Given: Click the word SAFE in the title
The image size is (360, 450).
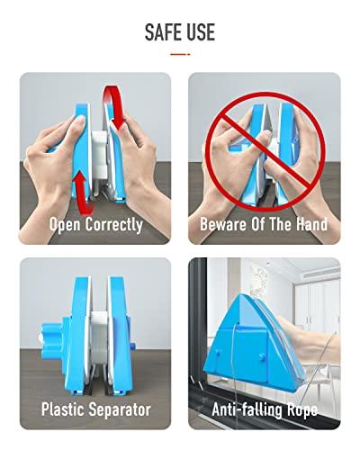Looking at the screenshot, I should pos(162,31).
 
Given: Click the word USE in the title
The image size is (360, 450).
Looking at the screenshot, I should pos(200,31).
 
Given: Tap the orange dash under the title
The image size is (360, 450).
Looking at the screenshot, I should pos(180,54).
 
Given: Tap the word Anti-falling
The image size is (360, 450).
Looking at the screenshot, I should pos(248,409).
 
